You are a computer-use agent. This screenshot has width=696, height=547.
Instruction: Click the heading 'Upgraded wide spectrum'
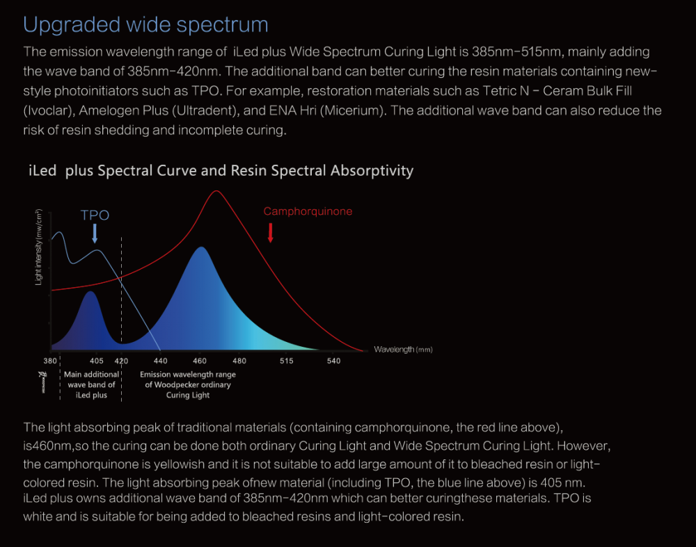pyautogui.click(x=145, y=25)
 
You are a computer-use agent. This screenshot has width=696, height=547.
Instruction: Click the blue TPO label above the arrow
pyautogui.click(x=95, y=215)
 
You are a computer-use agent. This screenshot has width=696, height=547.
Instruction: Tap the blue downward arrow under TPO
pyautogui.click(x=95, y=233)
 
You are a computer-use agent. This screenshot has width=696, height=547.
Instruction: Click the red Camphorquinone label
pyautogui.click(x=308, y=211)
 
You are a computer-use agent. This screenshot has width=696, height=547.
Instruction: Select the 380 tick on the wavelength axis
pyautogui.click(x=50, y=361)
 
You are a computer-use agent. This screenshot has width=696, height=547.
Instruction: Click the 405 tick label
pyautogui.click(x=97, y=361)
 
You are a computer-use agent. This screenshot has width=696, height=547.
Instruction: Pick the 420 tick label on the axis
pyautogui.click(x=122, y=361)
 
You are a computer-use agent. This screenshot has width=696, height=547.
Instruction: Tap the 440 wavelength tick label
pyautogui.click(x=161, y=361)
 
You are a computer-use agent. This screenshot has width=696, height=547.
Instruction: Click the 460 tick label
pyautogui.click(x=200, y=361)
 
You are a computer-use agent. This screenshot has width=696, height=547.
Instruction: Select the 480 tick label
pyautogui.click(x=239, y=361)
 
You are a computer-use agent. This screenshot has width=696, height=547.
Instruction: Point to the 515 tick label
pyautogui.click(x=286, y=361)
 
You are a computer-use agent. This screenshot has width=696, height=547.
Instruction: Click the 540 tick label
pyautogui.click(x=334, y=361)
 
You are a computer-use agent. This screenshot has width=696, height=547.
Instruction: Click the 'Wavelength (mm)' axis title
pyautogui.click(x=403, y=350)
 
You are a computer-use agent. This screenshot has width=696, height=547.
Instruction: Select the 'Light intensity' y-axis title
pyautogui.click(x=39, y=247)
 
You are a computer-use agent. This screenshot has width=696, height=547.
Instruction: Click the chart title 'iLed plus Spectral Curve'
pyautogui.click(x=221, y=170)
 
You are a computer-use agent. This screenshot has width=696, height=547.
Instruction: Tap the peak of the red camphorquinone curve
pyautogui.click(x=216, y=191)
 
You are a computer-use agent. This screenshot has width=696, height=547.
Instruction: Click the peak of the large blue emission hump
pyautogui.click(x=201, y=247)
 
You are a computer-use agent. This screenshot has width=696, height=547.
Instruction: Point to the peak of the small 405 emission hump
pyautogui.click(x=90, y=293)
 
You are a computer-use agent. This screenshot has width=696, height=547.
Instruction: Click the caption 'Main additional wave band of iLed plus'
pyautogui.click(x=91, y=384)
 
